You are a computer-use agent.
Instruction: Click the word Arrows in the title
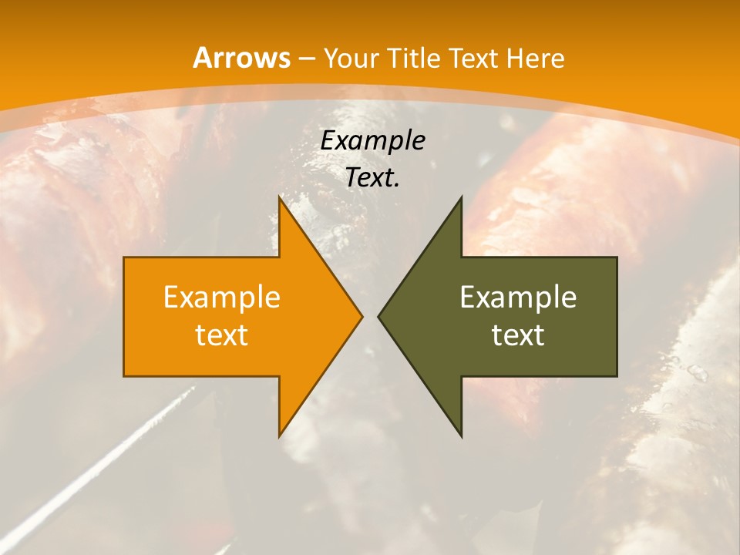[241, 58]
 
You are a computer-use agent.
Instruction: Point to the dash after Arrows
[306, 59]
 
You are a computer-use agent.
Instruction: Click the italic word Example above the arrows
[372, 141]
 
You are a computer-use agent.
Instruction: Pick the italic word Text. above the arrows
[372, 177]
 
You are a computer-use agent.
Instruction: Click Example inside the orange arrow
[222, 298]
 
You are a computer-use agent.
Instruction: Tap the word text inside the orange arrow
[222, 335]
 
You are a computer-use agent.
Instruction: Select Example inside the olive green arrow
[518, 298]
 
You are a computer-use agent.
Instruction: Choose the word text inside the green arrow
[518, 335]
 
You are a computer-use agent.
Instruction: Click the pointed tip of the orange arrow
[362, 317]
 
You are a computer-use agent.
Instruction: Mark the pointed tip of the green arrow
[378, 317]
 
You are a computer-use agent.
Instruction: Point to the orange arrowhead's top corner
[280, 197]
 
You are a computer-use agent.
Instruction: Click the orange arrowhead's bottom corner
[280, 436]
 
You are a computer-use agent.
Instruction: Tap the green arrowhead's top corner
[461, 197]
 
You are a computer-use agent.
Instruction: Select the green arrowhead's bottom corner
[461, 436]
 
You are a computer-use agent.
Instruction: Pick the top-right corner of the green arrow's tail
[617, 257]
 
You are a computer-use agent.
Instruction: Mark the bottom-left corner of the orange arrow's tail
[124, 376]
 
